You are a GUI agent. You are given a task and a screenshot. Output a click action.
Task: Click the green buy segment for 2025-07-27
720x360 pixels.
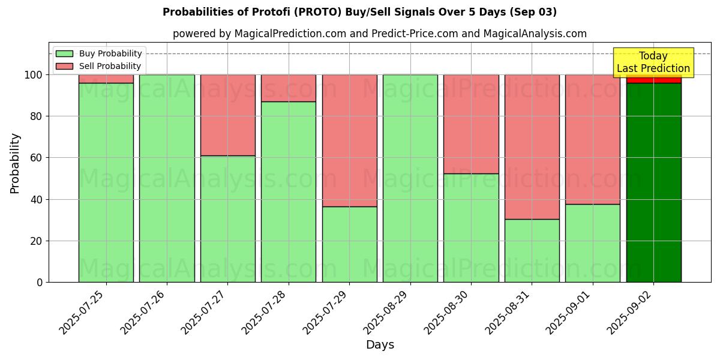coord(227,219)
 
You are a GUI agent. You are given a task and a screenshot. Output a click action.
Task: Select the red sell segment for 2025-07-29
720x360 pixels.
coord(349,140)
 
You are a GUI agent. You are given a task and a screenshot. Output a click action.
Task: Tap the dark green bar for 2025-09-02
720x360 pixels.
coord(653,182)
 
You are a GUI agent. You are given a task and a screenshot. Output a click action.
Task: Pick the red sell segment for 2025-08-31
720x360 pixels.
coord(532,146)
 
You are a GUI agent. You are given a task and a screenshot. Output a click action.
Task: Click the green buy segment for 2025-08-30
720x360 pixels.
coord(471,228)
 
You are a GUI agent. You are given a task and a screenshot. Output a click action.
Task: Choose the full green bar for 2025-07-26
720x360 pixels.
coord(167,178)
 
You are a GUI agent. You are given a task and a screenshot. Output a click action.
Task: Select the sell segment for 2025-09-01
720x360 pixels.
coord(592,139)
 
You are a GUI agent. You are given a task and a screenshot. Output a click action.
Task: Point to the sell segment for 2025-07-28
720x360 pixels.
coord(289,88)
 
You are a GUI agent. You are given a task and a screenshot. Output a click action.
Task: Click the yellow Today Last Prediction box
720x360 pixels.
coord(653,62)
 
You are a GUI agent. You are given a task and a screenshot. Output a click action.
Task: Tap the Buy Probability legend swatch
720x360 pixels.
coord(65,54)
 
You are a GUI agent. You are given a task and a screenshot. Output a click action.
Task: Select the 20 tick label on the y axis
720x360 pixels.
coord(36,241)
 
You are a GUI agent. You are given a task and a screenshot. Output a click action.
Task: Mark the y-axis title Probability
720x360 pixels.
coord(15,163)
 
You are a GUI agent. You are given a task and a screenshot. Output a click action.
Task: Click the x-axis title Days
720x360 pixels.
coord(380,345)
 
